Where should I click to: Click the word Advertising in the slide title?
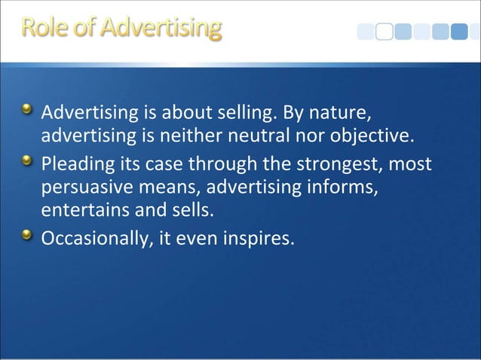click(161, 29)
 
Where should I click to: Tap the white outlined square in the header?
click(384, 32)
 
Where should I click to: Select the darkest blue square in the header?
click(460, 32)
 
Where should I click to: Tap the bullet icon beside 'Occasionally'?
click(28, 237)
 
